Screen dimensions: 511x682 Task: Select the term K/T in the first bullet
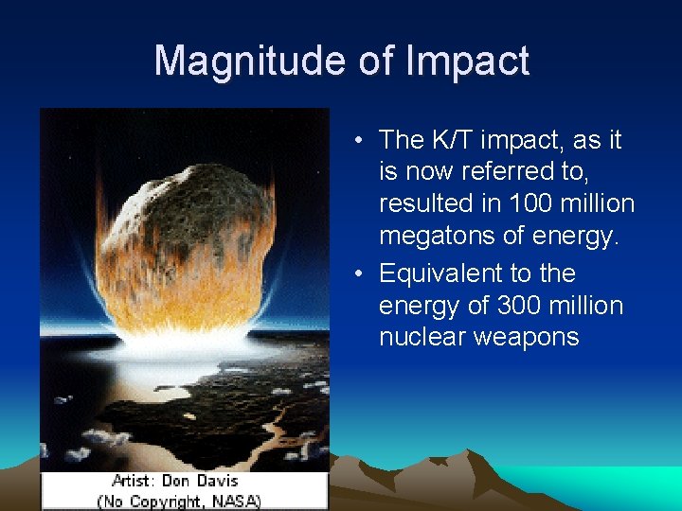click(x=451, y=140)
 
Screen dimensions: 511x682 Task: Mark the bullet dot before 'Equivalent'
click(x=362, y=274)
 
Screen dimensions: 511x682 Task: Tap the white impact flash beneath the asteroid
click(x=189, y=343)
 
